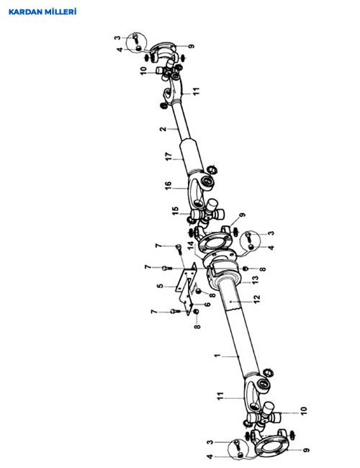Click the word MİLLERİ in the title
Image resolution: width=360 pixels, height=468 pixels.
coord(60,12)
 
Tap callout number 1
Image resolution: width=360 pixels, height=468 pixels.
coord(217,356)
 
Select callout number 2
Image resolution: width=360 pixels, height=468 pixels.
coord(163,129)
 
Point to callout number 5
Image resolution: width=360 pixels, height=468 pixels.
coord(161,286)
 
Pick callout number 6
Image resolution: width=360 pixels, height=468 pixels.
coord(207,305)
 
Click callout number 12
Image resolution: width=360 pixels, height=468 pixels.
coord(257,299)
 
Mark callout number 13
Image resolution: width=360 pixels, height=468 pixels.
coord(255,280)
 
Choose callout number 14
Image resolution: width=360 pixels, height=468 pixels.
coord(191,246)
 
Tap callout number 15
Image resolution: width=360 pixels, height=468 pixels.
coord(175,211)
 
